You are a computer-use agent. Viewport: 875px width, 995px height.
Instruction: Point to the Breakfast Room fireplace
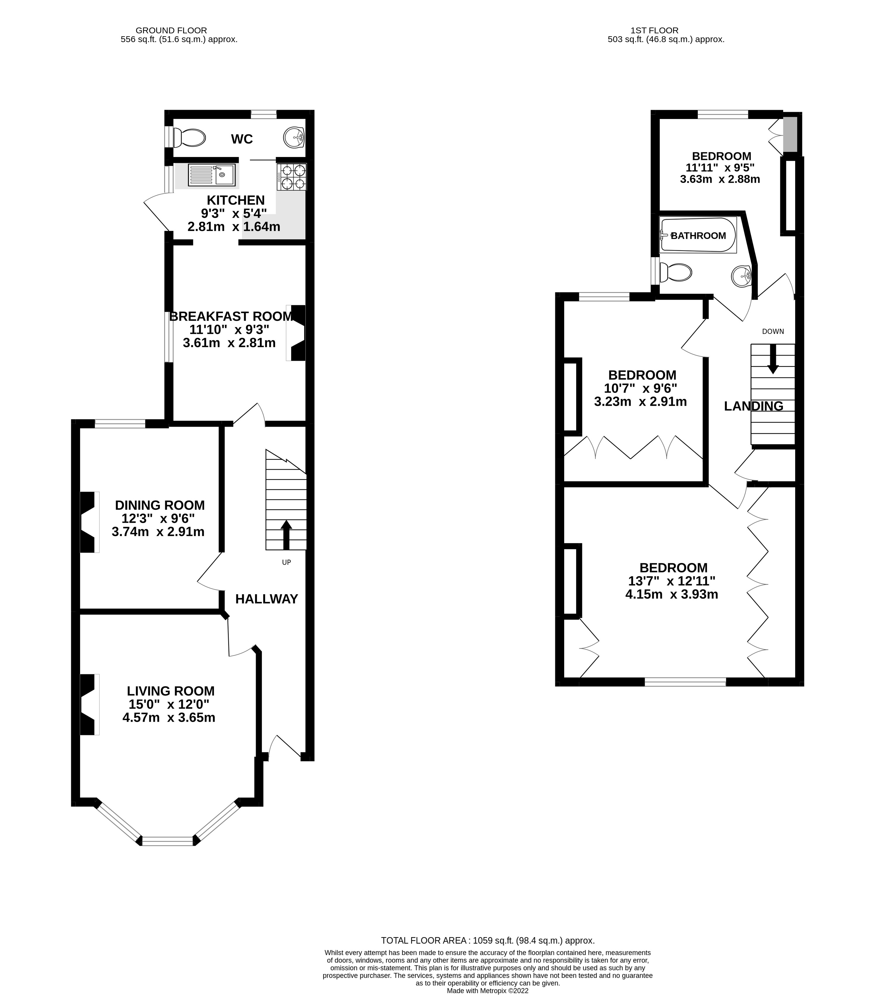[x=296, y=333]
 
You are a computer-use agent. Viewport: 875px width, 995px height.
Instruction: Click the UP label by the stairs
[x=286, y=562]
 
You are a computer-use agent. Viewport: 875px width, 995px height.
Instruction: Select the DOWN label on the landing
[x=773, y=331]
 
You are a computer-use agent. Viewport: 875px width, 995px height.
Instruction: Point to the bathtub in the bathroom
[x=698, y=235]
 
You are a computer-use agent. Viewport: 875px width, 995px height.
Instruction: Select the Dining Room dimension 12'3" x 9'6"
[x=158, y=519]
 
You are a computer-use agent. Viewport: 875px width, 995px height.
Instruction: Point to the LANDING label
[x=753, y=406]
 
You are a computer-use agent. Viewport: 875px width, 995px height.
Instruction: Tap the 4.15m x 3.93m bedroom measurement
[x=672, y=594]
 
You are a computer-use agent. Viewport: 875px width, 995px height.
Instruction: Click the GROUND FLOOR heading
[x=171, y=30]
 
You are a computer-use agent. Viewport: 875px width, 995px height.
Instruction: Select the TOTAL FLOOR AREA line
[x=487, y=940]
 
